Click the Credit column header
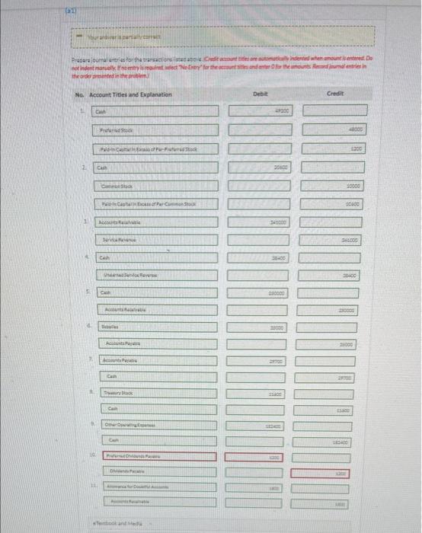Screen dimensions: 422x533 [x=335, y=93]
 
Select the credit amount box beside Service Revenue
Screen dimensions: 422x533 [x=334, y=240]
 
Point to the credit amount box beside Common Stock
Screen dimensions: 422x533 [x=334, y=185]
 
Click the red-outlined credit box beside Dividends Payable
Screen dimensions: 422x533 [x=334, y=473]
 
